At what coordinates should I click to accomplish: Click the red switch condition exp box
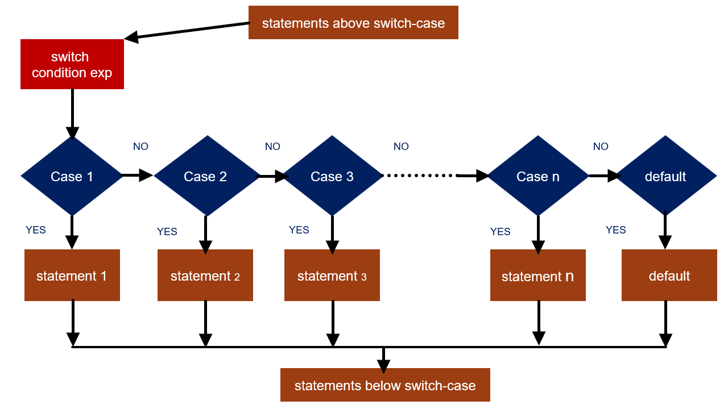pyautogui.click(x=72, y=64)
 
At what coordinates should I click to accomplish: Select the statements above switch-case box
pyautogui.click(x=353, y=23)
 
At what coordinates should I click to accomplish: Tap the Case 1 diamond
pyautogui.click(x=72, y=176)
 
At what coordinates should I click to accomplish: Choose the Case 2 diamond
pyautogui.click(x=205, y=176)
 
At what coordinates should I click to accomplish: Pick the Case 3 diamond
pyautogui.click(x=332, y=176)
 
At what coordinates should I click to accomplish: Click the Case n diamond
pyautogui.click(x=538, y=176)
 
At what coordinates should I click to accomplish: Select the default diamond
pyautogui.click(x=665, y=176)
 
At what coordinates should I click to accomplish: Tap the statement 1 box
pyautogui.click(x=72, y=276)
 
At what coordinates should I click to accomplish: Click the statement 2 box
pyautogui.click(x=205, y=276)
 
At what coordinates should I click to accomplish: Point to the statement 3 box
pyautogui.click(x=332, y=276)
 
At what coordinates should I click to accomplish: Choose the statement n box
pyautogui.click(x=538, y=276)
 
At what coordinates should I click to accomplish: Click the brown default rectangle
pyautogui.click(x=669, y=276)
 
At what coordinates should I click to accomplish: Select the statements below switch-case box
pyautogui.click(x=385, y=385)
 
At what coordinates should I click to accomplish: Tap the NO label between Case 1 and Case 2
pyautogui.click(x=140, y=147)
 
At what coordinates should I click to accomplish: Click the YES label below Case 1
pyautogui.click(x=36, y=230)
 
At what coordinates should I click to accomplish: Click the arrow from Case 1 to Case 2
pyautogui.click(x=137, y=176)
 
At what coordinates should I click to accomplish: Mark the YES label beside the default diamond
pyautogui.click(x=616, y=230)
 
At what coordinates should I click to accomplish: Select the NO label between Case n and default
pyautogui.click(x=601, y=147)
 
